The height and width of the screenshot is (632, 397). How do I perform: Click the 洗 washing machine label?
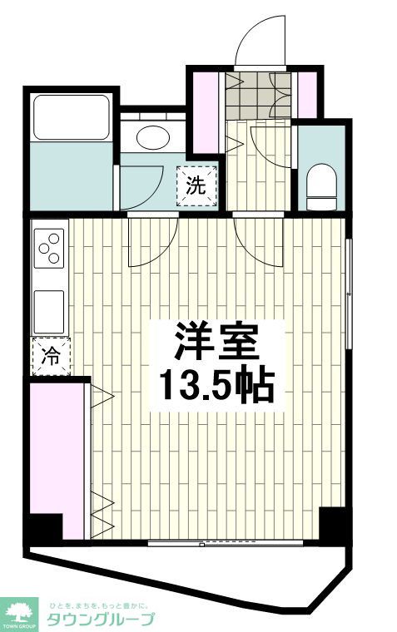click(x=195, y=185)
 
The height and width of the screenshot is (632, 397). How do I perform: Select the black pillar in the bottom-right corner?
click(x=333, y=523)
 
